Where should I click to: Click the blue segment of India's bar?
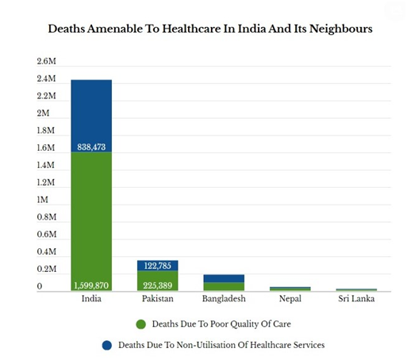tap(91, 116)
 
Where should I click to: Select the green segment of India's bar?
tap(91, 221)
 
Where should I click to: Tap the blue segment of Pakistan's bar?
tap(158, 266)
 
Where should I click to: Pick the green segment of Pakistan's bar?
tap(158, 281)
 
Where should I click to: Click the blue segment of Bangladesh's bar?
tap(224, 278)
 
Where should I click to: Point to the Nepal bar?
tap(290, 289)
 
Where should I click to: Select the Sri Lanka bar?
tap(356, 289)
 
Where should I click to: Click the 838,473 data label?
tap(91, 147)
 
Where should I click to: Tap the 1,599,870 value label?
tap(91, 285)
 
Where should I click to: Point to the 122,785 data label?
tap(158, 266)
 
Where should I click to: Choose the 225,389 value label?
tap(158, 285)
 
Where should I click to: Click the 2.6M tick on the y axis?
tap(47, 61)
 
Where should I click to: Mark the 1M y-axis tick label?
tap(43, 200)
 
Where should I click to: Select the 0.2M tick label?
tap(47, 269)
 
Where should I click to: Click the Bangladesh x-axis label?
tap(224, 299)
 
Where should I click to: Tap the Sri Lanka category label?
tap(356, 299)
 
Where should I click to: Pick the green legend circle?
tap(141, 324)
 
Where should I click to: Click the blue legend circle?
tap(107, 345)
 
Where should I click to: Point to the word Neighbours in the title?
tap(341, 29)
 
